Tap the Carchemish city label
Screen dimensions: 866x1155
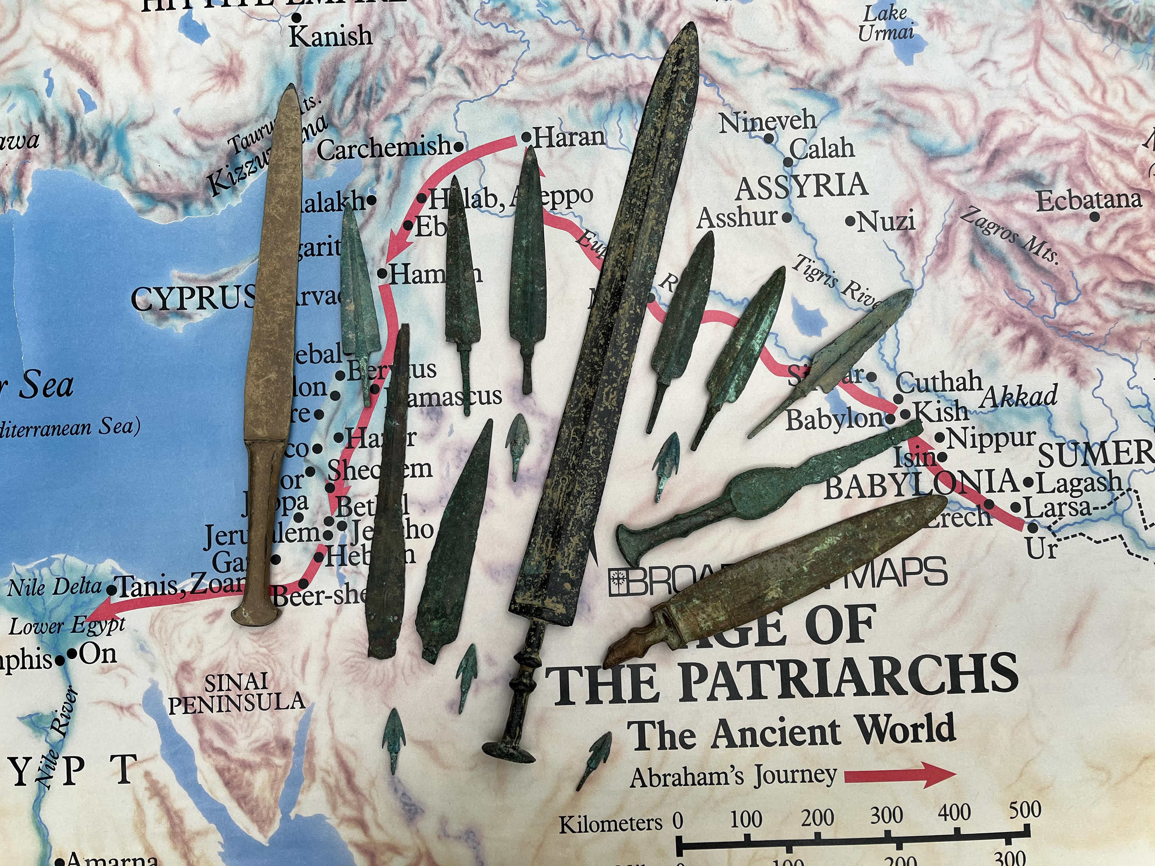[x=384, y=149]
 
